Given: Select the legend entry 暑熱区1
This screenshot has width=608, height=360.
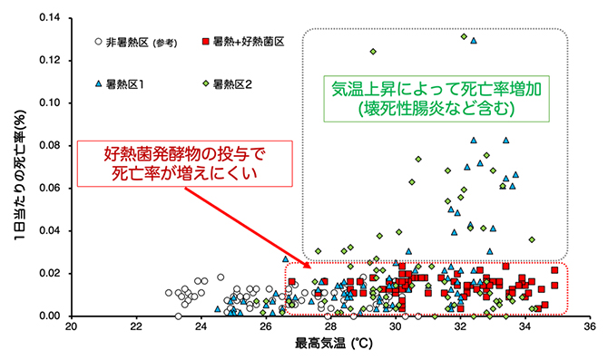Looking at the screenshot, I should [128, 86].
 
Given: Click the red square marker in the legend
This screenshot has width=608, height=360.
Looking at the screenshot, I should [205, 42].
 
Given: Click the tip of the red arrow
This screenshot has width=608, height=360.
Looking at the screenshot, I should [311, 268].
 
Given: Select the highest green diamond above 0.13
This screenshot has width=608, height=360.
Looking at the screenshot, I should [464, 36].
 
